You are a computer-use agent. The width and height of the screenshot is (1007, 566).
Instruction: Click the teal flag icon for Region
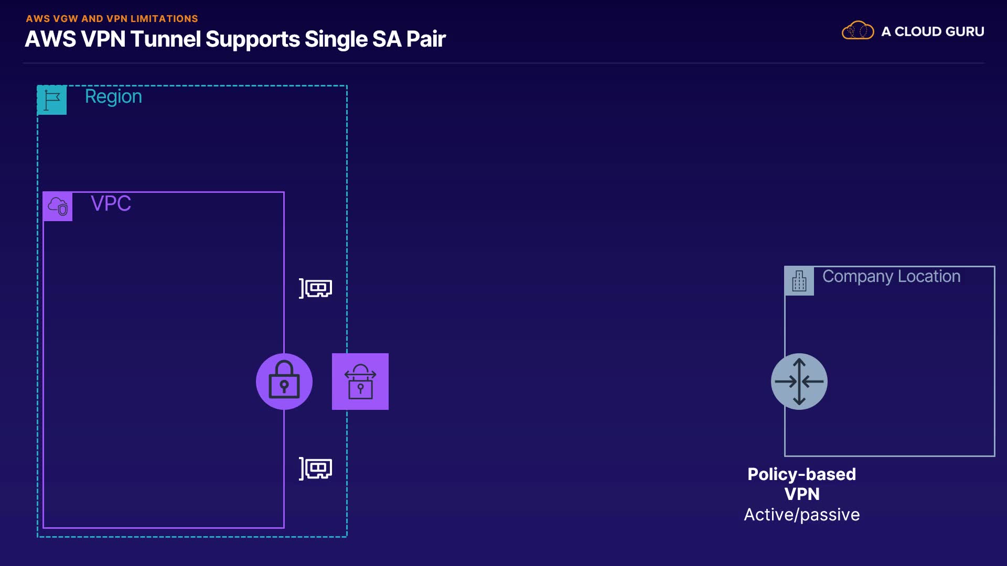point(52,100)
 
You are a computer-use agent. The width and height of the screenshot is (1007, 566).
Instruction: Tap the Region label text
point(113,97)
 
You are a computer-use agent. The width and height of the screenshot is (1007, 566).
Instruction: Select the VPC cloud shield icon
point(58,206)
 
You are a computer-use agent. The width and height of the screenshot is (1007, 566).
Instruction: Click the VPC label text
point(111,203)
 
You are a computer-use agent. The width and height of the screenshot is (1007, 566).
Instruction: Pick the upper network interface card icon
point(316,288)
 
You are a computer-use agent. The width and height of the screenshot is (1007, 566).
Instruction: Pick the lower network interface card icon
point(316,469)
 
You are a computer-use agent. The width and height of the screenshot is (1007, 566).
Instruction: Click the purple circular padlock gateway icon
point(284,382)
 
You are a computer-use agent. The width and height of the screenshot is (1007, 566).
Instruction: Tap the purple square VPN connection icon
point(360,382)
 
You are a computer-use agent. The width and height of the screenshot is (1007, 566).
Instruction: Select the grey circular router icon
point(799,382)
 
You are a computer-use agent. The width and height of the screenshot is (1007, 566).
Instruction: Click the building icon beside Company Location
point(799,281)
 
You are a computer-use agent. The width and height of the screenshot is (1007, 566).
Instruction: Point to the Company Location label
point(891,276)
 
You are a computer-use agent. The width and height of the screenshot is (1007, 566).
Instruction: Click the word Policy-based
point(801,474)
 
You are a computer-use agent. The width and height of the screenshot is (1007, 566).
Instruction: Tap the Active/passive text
point(801,515)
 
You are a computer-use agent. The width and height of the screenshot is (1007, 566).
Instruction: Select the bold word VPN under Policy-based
point(802,494)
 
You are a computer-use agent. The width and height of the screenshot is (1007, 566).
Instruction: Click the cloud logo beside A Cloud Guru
point(858,31)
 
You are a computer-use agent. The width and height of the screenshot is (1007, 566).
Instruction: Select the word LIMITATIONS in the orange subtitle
point(164,19)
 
